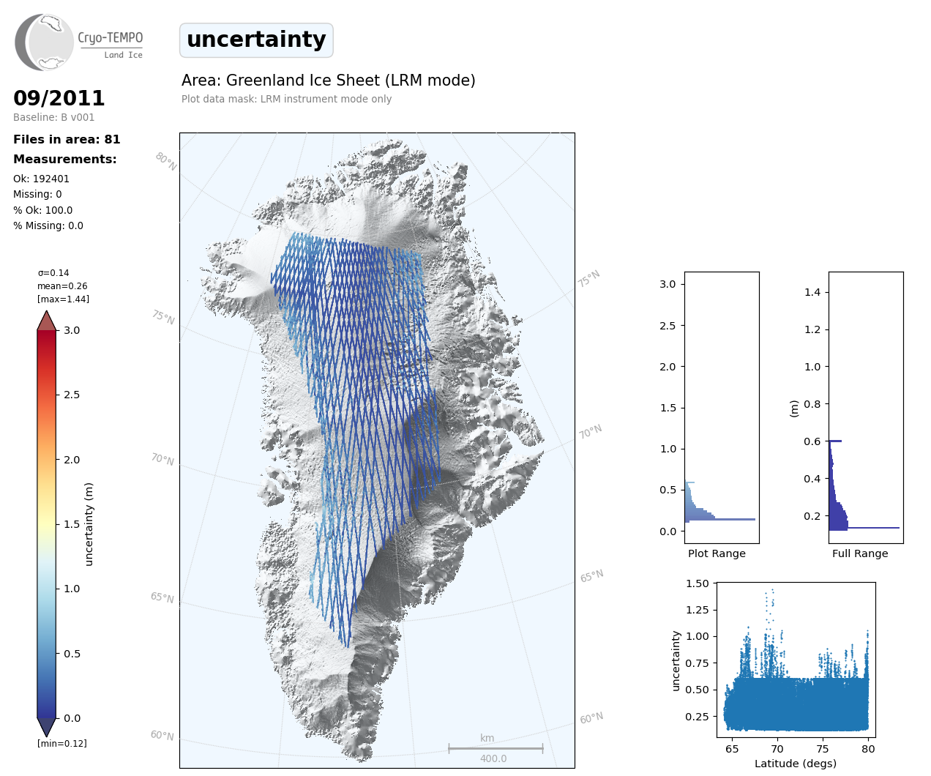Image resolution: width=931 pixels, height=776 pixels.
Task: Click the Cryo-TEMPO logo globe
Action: tap(45, 42)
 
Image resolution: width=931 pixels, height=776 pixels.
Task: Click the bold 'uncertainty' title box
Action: tap(256, 40)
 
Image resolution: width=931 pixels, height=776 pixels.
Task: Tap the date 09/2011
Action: tap(59, 98)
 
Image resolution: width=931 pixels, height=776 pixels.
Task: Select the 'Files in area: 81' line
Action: tap(67, 140)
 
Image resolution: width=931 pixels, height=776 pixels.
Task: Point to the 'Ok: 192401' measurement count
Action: tap(41, 179)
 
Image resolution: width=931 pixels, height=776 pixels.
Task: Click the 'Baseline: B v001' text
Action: tap(53, 117)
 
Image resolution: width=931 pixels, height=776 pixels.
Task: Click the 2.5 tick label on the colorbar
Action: tap(72, 395)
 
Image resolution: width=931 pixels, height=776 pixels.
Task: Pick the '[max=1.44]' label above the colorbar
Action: tap(63, 299)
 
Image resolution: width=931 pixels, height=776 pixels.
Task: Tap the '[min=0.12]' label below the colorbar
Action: tap(61, 744)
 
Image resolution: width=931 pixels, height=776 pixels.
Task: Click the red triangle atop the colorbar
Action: tap(47, 321)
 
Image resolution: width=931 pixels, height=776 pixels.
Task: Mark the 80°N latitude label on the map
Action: tap(166, 162)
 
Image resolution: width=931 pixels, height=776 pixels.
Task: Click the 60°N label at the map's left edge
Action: tap(162, 735)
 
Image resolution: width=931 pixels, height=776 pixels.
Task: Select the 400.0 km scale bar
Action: tap(496, 749)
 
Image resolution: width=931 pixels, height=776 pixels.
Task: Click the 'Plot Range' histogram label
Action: tap(717, 553)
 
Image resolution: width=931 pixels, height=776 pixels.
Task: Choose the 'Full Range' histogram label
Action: tap(860, 553)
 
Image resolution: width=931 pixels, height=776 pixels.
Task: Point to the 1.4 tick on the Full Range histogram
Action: tap(812, 292)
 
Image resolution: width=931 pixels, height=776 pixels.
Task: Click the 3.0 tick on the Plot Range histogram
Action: tap(668, 284)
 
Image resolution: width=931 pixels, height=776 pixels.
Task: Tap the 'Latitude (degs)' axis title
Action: tap(796, 764)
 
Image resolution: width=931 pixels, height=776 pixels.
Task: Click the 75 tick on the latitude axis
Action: tap(823, 748)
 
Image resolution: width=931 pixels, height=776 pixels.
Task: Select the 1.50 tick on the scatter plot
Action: tap(698, 583)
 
